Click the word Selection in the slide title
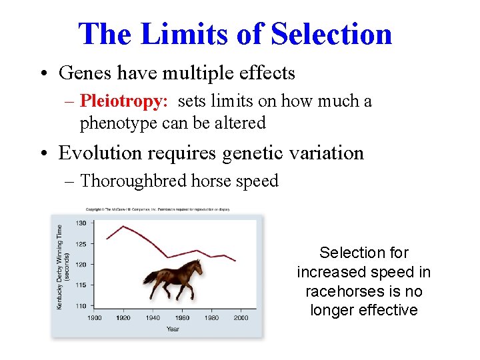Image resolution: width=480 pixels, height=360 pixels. point(331,34)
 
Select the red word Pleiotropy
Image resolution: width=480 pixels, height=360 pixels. point(123,101)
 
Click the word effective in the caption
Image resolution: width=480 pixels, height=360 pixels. point(388,310)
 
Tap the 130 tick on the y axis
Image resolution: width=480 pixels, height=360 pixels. point(81,223)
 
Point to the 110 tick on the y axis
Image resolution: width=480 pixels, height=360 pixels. point(81,306)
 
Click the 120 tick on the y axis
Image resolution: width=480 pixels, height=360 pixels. point(81,265)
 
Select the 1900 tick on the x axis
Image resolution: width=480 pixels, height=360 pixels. point(95,318)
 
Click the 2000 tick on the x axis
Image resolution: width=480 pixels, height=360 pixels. point(241,318)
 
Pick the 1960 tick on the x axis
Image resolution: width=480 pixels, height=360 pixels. point(183,318)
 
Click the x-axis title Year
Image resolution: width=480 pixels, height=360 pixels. point(173,329)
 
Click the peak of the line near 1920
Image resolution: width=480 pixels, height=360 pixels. point(124,227)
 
